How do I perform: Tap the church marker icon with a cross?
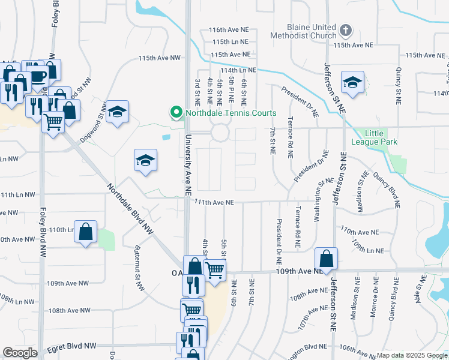tap(345, 29)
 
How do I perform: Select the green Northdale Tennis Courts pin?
tap(176, 112)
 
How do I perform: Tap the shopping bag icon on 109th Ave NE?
tap(326, 259)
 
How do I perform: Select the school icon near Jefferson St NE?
tap(352, 82)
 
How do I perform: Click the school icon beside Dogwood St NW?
tap(117, 112)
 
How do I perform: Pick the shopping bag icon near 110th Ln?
tap(86, 232)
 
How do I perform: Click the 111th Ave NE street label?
tap(213, 203)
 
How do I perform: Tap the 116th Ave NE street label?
tap(224, 29)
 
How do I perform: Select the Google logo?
tap(20, 353)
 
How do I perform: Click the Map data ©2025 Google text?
tap(412, 355)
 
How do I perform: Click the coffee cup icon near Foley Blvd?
tap(37, 76)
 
